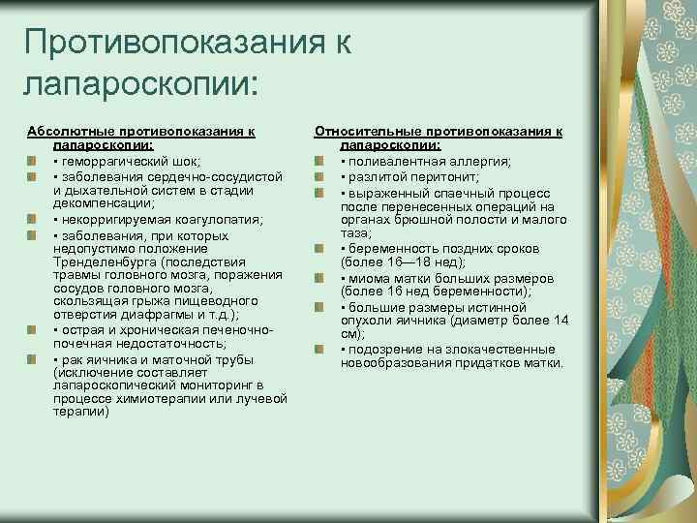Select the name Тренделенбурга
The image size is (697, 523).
click(x=104, y=261)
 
